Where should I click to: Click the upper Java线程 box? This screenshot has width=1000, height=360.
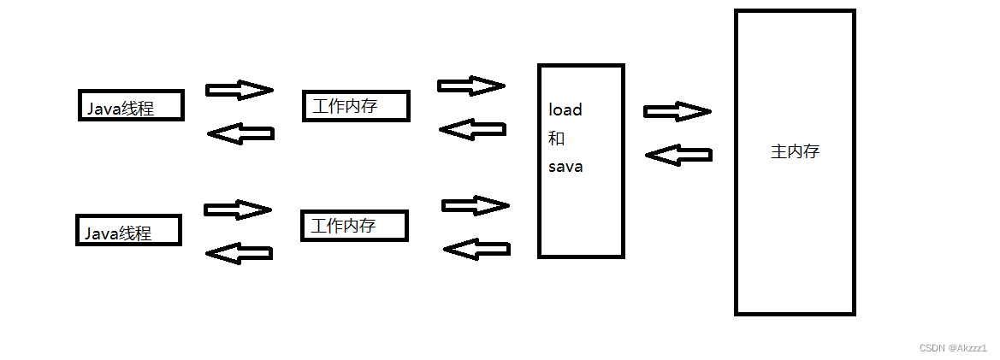(x=131, y=106)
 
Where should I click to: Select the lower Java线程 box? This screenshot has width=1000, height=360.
(x=129, y=230)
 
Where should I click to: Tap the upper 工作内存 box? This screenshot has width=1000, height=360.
(x=356, y=106)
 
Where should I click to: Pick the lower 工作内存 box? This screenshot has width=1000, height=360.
(x=354, y=226)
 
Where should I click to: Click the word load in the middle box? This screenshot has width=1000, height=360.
(x=565, y=109)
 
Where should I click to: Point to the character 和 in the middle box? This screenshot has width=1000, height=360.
(x=556, y=139)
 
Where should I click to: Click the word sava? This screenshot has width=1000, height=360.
(x=565, y=167)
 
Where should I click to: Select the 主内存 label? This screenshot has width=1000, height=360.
(x=795, y=152)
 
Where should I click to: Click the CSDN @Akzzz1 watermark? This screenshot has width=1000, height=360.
(x=953, y=348)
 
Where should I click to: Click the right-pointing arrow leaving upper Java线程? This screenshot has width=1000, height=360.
(x=240, y=90)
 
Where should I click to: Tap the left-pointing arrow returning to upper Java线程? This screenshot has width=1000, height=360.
(x=240, y=133)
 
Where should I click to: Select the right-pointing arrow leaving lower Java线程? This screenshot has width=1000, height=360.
(x=238, y=210)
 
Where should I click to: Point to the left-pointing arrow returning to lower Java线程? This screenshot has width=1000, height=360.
(x=240, y=252)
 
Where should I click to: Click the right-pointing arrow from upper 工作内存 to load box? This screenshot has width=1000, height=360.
(x=470, y=86)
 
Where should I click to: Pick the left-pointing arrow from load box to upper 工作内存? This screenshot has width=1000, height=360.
(x=471, y=129)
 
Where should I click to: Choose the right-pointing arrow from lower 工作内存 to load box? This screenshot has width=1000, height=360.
(x=475, y=205)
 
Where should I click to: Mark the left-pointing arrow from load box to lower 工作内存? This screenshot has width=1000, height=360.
(x=476, y=249)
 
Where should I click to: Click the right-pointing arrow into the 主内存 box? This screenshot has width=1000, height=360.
(x=677, y=111)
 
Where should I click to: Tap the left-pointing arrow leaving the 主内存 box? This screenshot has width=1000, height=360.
(x=678, y=155)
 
